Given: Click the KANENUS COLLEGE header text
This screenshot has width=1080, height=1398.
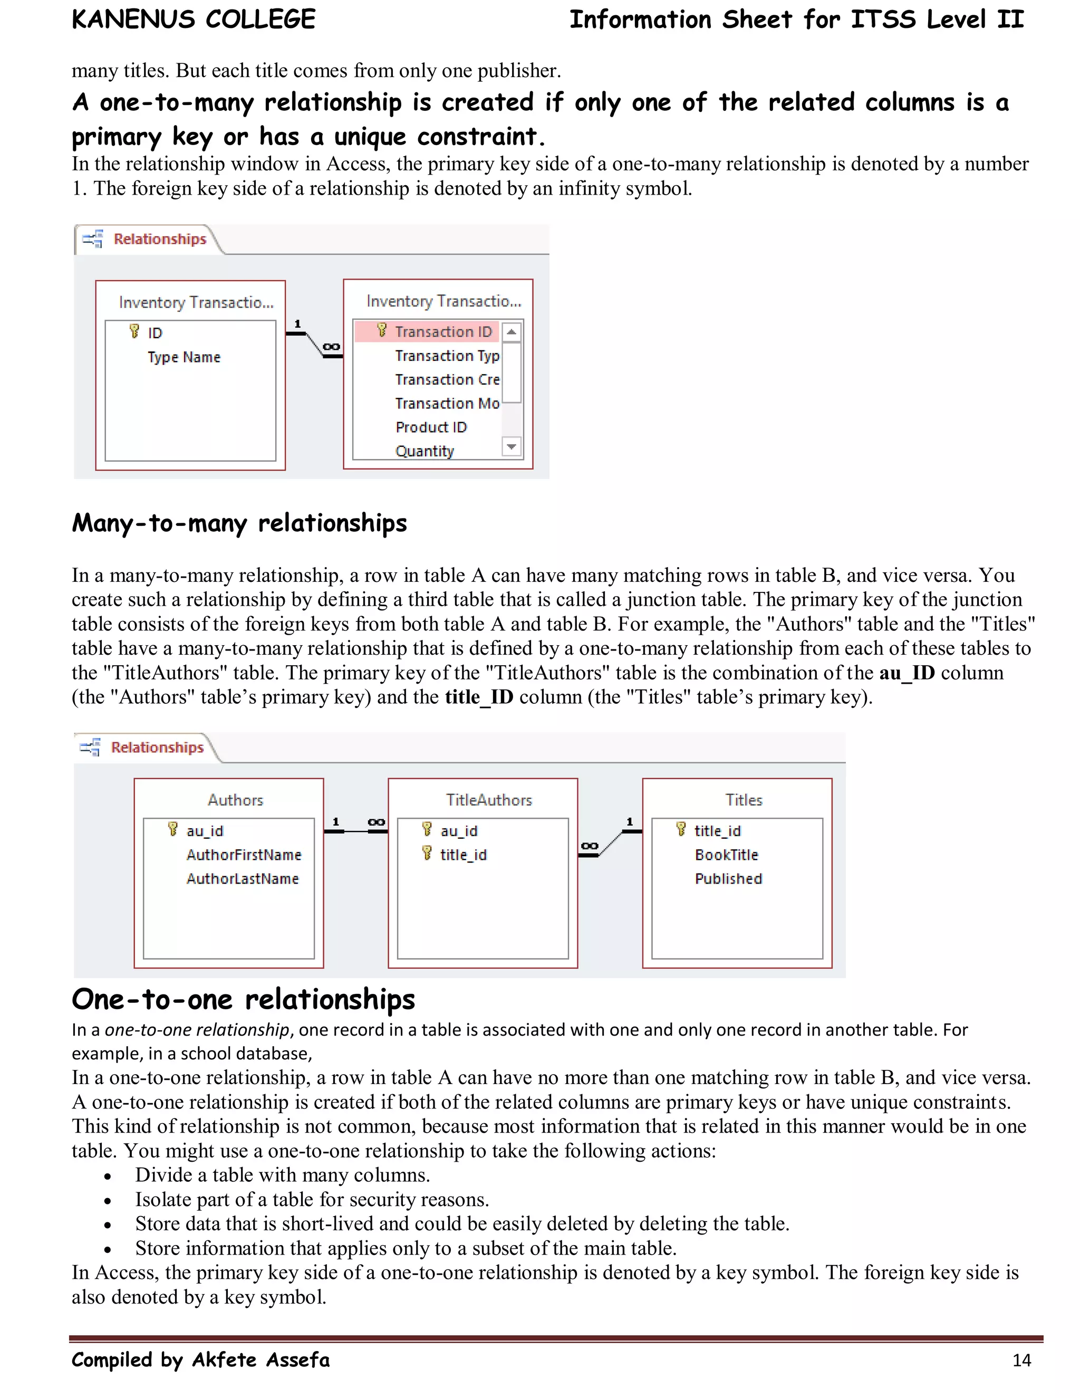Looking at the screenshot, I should [x=193, y=19].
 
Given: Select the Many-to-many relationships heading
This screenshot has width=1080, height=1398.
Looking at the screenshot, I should [x=239, y=523].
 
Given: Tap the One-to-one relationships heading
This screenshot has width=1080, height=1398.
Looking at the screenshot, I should [x=243, y=999].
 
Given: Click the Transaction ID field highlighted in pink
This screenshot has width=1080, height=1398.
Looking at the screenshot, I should [x=443, y=332].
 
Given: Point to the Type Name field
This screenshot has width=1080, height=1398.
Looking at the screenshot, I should [x=184, y=357].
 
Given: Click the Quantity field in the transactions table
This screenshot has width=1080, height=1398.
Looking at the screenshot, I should [x=424, y=451].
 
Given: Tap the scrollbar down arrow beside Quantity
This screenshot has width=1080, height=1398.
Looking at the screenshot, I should [x=511, y=446].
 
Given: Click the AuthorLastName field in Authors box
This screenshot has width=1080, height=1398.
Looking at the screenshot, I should [x=243, y=879].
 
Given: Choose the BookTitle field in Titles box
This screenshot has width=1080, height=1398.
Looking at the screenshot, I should [x=726, y=855].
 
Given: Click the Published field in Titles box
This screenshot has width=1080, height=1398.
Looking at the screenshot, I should [x=728, y=879].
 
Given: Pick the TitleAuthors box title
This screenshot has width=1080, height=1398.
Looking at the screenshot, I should [x=489, y=800].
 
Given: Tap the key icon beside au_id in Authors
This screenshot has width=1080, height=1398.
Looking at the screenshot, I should [x=172, y=830].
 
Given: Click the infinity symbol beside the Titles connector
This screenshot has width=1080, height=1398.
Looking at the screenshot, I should [x=589, y=846].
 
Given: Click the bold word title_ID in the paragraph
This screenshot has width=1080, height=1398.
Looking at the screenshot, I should [x=479, y=697].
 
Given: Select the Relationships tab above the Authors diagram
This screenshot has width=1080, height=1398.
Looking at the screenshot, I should [x=157, y=748].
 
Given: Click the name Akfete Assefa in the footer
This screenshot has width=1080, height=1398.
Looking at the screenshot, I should [x=261, y=1360].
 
